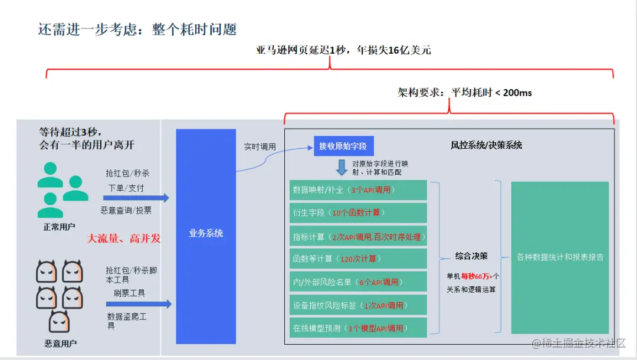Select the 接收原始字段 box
pyautogui.click(x=344, y=146)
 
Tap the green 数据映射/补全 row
pyautogui.click(x=358, y=190)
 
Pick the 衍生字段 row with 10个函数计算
pyautogui.click(x=358, y=212)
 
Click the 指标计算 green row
pyautogui.click(x=358, y=237)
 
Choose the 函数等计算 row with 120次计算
pyautogui.click(x=358, y=258)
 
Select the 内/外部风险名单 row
pyautogui.click(x=358, y=282)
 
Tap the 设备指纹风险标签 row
pyautogui.click(x=358, y=305)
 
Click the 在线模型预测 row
pyautogui.click(x=358, y=328)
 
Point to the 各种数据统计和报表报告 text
pyautogui.click(x=560, y=257)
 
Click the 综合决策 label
pyautogui.click(x=471, y=256)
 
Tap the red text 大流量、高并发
pyautogui.click(x=124, y=238)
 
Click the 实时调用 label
pyautogui.click(x=260, y=146)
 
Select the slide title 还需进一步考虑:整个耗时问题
pyautogui.click(x=137, y=30)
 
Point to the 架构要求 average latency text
pyautogui.click(x=465, y=93)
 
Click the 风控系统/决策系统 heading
pyautogui.click(x=486, y=145)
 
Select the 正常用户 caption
pyautogui.click(x=60, y=227)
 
